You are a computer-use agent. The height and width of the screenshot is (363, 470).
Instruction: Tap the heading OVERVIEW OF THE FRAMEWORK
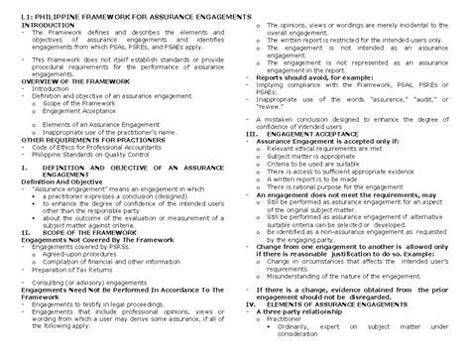[x=67, y=80]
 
